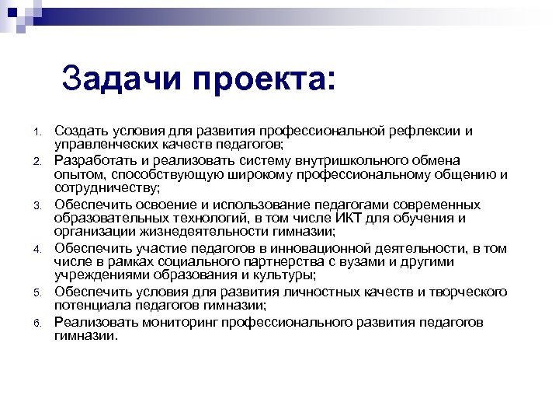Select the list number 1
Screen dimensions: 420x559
pos(36,131)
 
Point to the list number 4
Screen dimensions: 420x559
pos(36,249)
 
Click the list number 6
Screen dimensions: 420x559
pos(36,322)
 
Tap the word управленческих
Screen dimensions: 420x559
pos(106,144)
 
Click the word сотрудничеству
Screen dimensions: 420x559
pos(106,187)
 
